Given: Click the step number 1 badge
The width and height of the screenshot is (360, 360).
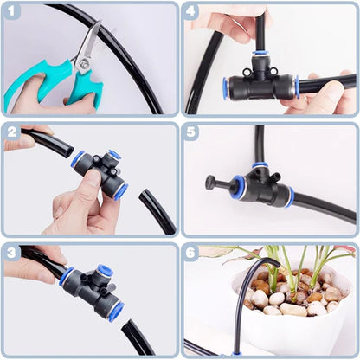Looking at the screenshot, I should (13, 13).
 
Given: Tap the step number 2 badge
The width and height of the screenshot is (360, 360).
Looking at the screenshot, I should (13, 132).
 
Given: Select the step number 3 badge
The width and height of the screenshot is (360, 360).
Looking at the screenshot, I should (13, 252).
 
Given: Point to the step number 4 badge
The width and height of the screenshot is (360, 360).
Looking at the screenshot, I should (192, 13).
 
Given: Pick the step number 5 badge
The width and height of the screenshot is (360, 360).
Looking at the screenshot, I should (192, 132).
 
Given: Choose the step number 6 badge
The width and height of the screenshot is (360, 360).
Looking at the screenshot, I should (192, 252).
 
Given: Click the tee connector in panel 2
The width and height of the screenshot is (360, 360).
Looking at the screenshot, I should (100, 169).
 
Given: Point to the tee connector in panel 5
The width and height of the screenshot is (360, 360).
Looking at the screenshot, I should (260, 185).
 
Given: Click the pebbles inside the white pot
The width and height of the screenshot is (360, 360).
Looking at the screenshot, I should (294, 294).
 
